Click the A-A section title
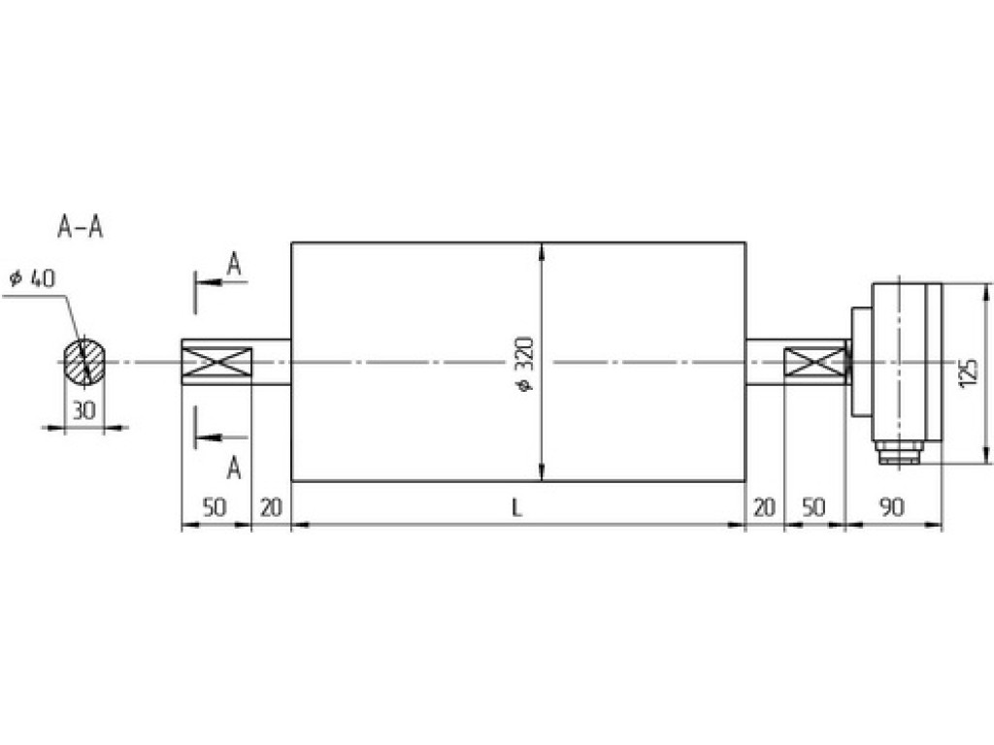coord(80,227)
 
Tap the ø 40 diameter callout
coord(32,278)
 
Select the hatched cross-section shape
coord(84,362)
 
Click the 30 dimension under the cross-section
coord(83,410)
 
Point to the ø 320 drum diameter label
coord(526,364)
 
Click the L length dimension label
coord(517,507)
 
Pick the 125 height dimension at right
coord(968,373)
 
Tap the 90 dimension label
coord(892,507)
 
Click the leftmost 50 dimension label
coord(215,507)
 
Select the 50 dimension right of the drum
coord(814,507)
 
